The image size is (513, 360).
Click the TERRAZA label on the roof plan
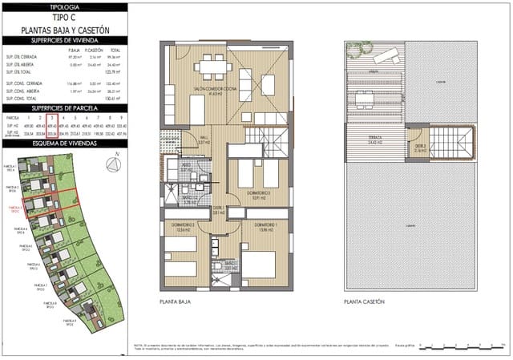(374, 139)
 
